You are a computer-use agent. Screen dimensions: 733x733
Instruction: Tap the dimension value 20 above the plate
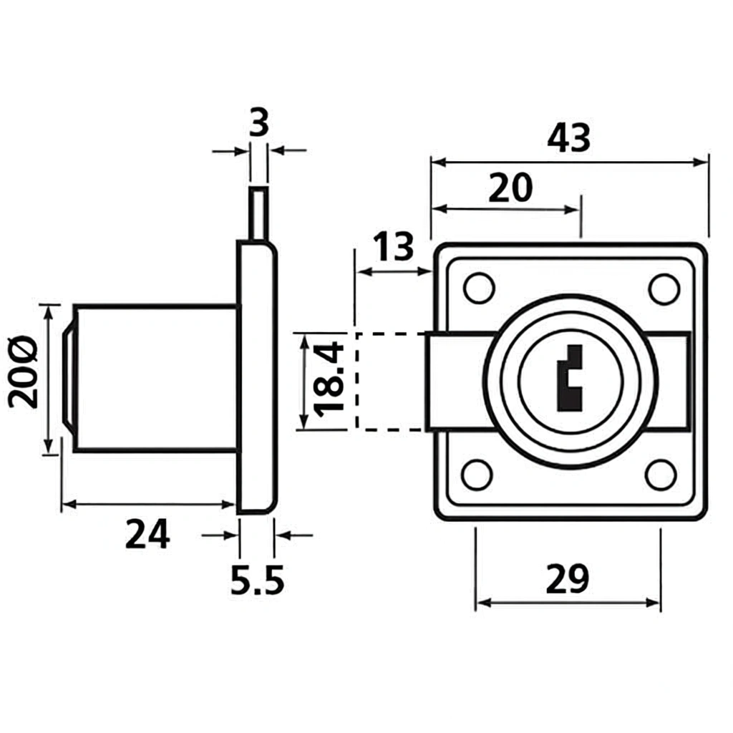click(511, 188)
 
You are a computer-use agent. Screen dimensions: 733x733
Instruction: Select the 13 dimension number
click(393, 247)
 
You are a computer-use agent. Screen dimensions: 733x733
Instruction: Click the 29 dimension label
click(567, 580)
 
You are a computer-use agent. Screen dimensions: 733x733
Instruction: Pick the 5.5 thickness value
click(257, 581)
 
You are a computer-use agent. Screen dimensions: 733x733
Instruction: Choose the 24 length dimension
click(148, 534)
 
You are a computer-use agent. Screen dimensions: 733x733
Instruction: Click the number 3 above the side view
click(258, 124)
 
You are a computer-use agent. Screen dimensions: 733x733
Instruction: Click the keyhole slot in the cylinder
click(570, 379)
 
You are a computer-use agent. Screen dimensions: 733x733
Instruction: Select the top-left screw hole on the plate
click(478, 287)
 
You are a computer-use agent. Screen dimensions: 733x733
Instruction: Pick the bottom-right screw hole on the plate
click(660, 475)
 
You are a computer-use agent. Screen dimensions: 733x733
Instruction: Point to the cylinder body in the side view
click(155, 378)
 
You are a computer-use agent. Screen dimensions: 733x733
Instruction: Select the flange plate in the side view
click(256, 377)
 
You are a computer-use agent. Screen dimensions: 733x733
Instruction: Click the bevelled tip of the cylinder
click(69, 378)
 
